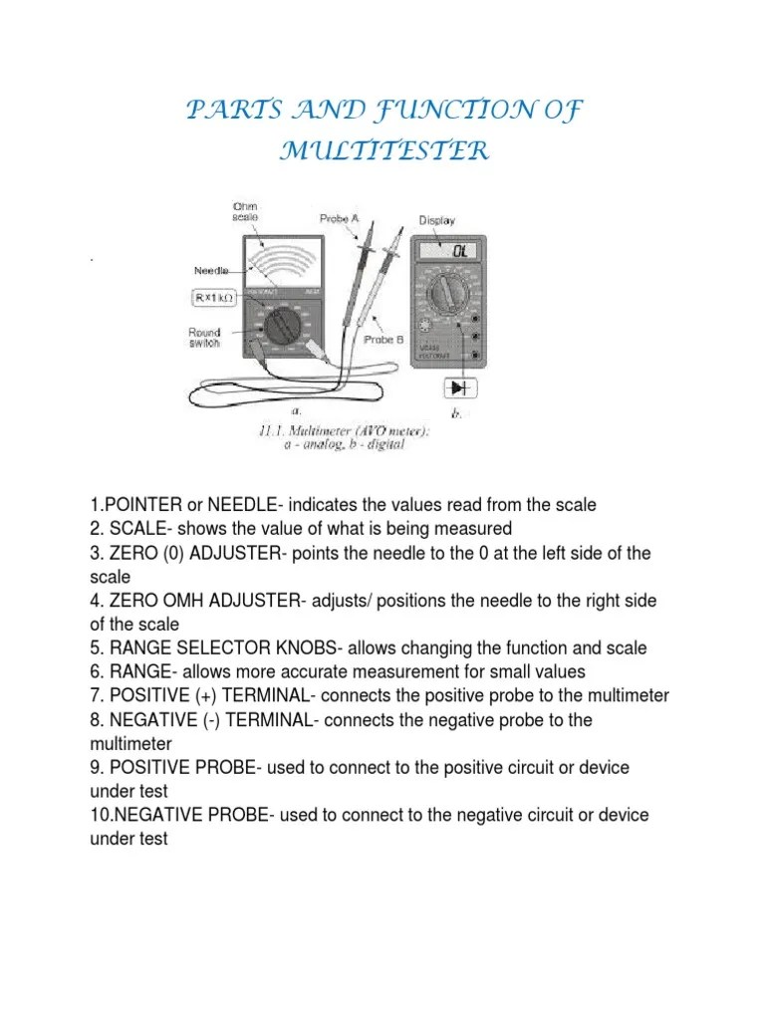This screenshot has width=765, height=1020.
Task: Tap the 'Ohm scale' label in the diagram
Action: [x=244, y=211]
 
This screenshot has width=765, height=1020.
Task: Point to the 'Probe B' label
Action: [x=383, y=340]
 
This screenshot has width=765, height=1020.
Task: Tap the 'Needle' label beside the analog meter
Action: [x=211, y=270]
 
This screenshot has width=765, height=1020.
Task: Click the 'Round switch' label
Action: [x=205, y=339]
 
